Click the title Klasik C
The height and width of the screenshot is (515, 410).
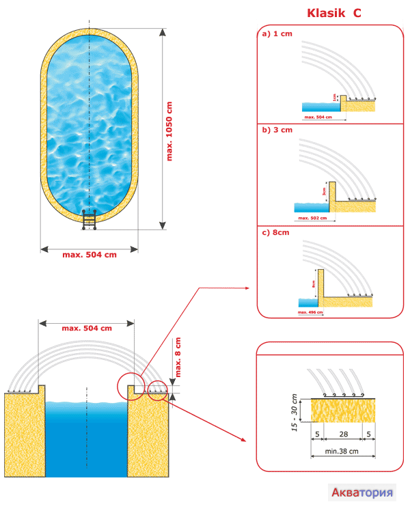[x=333, y=13]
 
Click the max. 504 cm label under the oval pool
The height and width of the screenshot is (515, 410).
[x=90, y=255]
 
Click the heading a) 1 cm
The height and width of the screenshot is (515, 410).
[x=276, y=33]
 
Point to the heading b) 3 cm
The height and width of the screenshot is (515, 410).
[x=277, y=130]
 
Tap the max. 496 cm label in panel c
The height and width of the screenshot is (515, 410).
[x=311, y=312]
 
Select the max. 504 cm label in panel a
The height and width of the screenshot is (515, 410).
[x=318, y=117]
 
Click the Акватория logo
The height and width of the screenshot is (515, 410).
[x=362, y=492]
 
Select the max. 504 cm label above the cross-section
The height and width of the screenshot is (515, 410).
[x=86, y=329]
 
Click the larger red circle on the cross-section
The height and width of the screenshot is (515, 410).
[x=131, y=386]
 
